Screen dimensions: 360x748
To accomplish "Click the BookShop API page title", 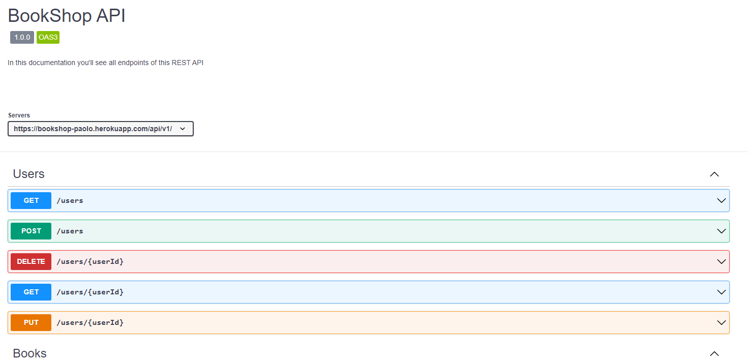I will point(67,16).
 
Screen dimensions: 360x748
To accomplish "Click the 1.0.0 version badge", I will point(22,37).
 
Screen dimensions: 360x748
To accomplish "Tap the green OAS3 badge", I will point(48,37).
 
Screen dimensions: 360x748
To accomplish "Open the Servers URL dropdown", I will point(101,129).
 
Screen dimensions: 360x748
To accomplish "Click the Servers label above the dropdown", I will point(19,115).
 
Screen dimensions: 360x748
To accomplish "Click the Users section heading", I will point(29,174).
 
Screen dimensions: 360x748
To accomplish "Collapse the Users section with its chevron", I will point(714,174).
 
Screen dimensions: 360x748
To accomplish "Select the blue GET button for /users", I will point(31,200).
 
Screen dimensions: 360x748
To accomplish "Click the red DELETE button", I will point(31,261).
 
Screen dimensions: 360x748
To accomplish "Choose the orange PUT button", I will point(31,322).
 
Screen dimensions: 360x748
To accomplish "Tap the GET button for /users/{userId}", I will point(31,292).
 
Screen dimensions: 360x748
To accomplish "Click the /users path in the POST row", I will point(70,231).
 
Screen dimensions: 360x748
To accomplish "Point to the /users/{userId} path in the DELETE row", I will point(90,261).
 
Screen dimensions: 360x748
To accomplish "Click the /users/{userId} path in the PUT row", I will point(90,322).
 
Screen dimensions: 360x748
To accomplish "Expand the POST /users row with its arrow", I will point(721,231).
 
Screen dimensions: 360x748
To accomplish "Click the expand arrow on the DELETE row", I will point(721,261).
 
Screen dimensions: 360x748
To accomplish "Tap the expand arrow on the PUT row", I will point(721,322).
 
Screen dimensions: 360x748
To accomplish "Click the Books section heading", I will point(29,353).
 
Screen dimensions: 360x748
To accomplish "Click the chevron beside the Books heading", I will point(714,353).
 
